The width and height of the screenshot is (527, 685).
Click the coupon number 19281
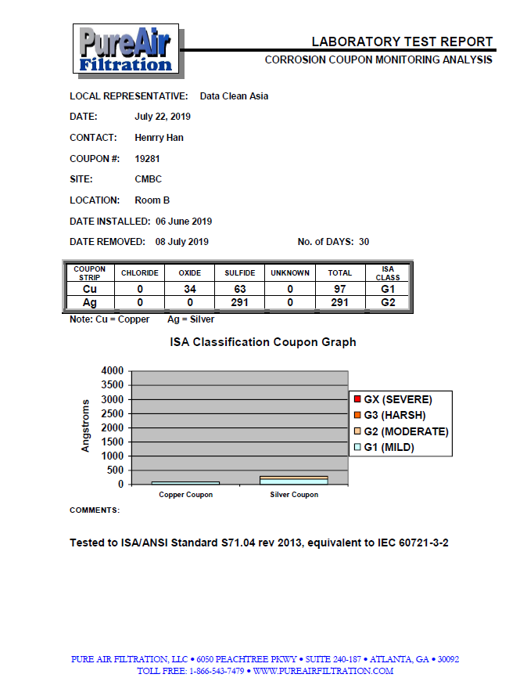click(x=149, y=158)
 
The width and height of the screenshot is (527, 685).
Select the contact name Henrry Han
click(x=159, y=137)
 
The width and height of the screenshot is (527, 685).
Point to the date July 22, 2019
click(x=163, y=117)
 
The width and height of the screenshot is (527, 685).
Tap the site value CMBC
click(x=149, y=179)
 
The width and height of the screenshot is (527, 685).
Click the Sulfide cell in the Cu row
click(x=238, y=289)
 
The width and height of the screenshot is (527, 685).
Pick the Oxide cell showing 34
click(x=190, y=289)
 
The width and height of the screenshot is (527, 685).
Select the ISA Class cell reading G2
click(x=387, y=301)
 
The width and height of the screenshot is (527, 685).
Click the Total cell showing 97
click(x=340, y=289)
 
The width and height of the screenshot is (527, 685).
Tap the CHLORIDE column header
click(x=140, y=273)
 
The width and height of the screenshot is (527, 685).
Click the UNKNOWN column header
click(x=290, y=273)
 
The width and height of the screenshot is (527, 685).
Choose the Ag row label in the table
click(x=90, y=301)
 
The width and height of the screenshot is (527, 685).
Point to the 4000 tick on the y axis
click(x=113, y=370)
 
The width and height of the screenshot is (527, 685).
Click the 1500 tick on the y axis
click(x=113, y=442)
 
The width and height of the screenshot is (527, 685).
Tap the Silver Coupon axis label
click(x=294, y=495)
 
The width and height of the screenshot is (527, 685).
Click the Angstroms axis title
click(x=87, y=427)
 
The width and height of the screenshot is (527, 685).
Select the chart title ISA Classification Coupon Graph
click(x=263, y=342)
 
